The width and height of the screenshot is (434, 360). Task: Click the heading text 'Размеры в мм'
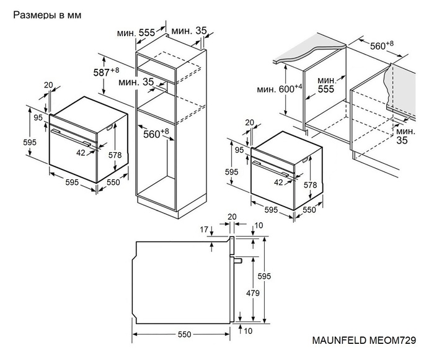(47, 14)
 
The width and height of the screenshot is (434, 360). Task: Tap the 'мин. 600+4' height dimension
(280, 89)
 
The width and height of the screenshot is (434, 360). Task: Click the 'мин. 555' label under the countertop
(327, 84)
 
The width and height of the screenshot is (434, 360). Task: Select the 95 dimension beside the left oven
(38, 118)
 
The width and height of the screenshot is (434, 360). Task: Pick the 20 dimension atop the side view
(232, 217)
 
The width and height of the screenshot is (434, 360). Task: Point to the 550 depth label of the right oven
(309, 210)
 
